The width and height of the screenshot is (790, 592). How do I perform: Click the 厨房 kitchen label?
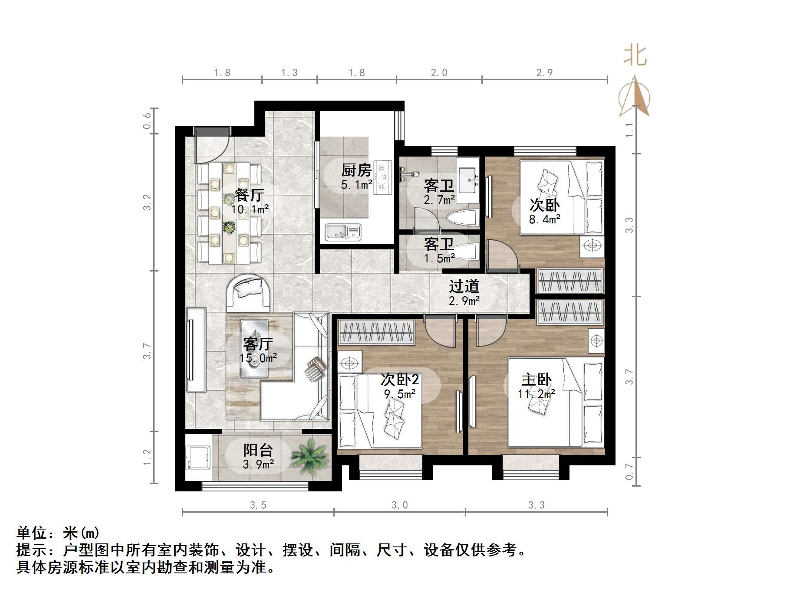[x=356, y=170]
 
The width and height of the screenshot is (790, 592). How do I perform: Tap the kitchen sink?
[x=343, y=232]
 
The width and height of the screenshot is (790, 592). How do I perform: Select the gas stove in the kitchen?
[x=382, y=177]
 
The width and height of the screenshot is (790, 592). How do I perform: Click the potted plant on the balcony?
[x=309, y=456]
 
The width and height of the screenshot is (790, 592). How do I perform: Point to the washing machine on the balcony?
[x=197, y=457]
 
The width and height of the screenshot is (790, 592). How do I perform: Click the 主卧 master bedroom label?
[x=537, y=380]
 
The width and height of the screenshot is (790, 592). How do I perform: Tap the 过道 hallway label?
[x=464, y=286]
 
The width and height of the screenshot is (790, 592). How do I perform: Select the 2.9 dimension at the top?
[x=544, y=73]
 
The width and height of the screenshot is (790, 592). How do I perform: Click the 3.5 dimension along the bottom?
[x=258, y=505]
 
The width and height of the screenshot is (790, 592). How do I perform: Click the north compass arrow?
[x=635, y=96]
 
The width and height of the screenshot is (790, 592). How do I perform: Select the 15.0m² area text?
[x=259, y=358]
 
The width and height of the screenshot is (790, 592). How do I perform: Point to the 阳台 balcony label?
[x=258, y=450]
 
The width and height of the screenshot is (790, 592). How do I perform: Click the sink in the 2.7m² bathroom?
[x=468, y=179]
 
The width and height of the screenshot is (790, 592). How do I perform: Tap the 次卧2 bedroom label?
[x=399, y=380]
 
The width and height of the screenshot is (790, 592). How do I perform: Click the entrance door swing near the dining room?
[x=208, y=145]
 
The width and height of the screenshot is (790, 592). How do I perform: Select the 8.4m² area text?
[x=544, y=219]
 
